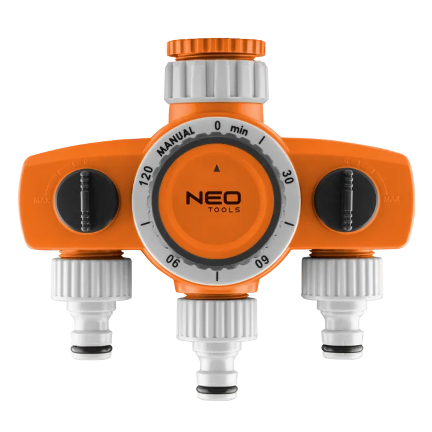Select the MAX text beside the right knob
(x=389, y=199)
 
